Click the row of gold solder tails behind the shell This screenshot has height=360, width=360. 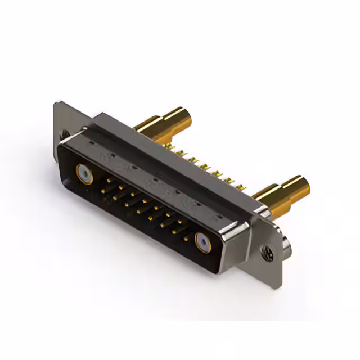pos(208,166)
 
